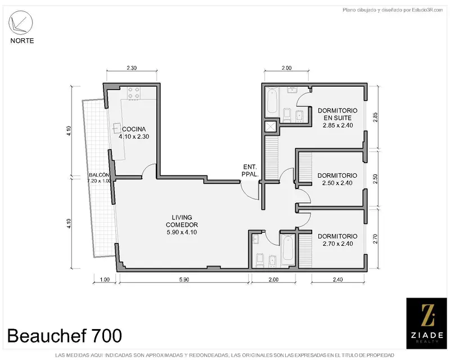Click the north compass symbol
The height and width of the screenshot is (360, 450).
tap(21, 22)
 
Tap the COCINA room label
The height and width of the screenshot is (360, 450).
tap(134, 129)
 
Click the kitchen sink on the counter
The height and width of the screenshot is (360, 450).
tap(116, 128)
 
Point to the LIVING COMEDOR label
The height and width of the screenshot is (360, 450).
tap(182, 221)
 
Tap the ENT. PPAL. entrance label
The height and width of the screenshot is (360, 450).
tap(250, 170)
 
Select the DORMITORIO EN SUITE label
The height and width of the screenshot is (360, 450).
tap(337, 114)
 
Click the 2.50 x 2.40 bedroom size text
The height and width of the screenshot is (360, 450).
tap(337, 183)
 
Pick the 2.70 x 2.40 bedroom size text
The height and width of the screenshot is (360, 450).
tap(337, 244)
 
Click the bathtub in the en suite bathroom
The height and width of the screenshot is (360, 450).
tap(272, 101)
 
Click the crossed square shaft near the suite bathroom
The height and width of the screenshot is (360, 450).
tap(271, 127)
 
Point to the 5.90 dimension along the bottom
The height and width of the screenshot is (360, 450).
tap(184, 280)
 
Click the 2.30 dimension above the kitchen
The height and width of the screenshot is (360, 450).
tap(132, 68)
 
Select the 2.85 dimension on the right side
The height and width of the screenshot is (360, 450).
tap(376, 118)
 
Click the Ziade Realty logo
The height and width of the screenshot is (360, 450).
tap(426, 323)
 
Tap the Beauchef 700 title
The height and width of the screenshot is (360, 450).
tap(65, 335)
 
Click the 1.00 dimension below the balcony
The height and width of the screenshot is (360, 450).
tap(105, 280)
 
